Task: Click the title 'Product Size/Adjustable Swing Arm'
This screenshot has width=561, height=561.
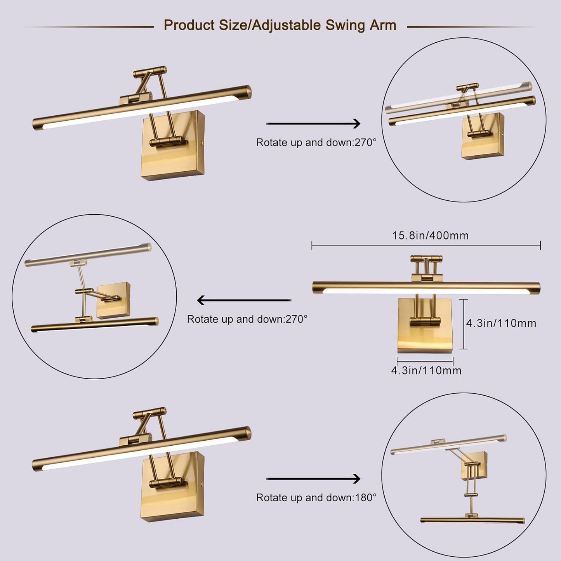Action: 280,25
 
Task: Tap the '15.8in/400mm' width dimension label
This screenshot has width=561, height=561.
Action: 430,236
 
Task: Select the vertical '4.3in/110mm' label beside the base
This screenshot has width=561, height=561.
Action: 501,323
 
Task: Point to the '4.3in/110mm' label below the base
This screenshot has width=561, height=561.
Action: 426,370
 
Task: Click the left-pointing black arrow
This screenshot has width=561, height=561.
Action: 244,300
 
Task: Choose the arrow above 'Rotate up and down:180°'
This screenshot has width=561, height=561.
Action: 313,479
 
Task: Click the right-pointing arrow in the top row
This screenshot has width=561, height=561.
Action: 313,123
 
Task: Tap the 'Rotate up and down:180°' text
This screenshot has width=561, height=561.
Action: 316,498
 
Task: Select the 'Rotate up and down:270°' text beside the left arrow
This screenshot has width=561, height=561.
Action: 247,319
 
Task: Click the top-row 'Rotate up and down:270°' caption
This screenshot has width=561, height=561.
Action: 316,142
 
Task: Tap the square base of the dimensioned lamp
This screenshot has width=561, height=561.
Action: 425,338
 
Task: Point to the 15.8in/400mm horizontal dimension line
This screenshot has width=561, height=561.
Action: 426,245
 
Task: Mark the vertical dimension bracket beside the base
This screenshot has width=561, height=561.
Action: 463,324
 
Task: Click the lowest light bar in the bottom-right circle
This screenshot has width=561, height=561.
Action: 472,520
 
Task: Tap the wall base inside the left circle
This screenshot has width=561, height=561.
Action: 113,300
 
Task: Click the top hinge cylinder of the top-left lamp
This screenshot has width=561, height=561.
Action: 150,72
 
